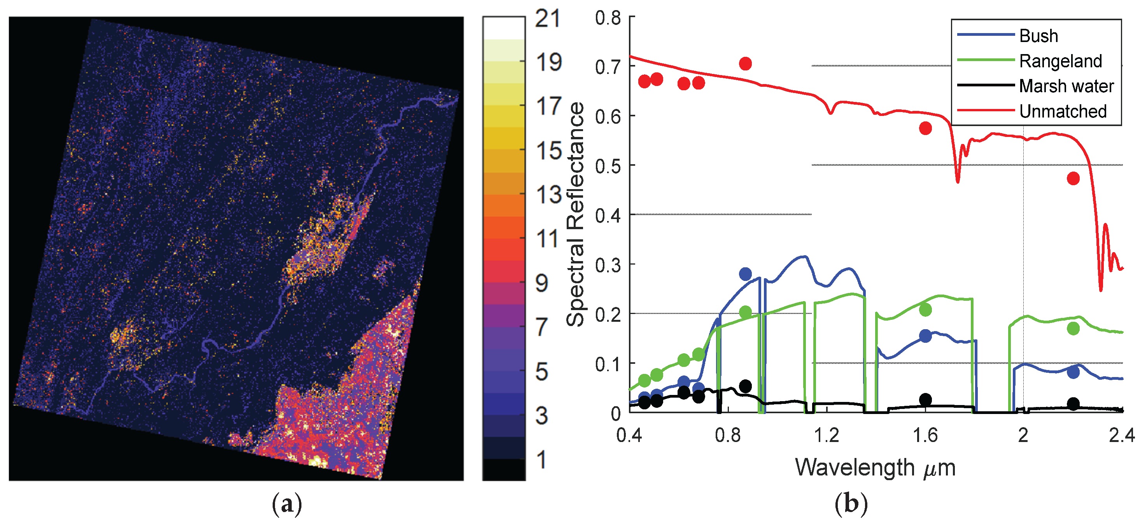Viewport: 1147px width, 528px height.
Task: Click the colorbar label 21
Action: tap(547, 19)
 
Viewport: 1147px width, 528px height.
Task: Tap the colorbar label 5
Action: tap(542, 372)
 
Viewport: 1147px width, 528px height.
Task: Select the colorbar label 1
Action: tap(542, 460)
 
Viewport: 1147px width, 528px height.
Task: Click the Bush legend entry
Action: tap(1038, 36)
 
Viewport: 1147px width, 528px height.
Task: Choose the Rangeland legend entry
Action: tap(1060, 61)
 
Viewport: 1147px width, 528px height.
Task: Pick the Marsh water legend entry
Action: tap(1066, 86)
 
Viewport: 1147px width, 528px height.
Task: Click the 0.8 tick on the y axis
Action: tap(608, 18)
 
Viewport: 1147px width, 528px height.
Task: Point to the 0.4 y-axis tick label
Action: tap(608, 216)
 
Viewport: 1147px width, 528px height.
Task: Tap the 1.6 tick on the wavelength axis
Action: tap(925, 435)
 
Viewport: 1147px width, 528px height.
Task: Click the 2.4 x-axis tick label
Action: tap(1121, 435)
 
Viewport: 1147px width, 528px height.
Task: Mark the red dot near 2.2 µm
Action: tap(1073, 179)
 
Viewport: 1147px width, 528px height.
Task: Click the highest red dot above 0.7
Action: tap(745, 64)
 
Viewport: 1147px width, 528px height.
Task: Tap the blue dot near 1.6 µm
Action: tap(925, 335)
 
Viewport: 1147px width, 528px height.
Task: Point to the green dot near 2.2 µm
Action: tap(1073, 328)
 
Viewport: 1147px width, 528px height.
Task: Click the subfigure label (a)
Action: tap(287, 504)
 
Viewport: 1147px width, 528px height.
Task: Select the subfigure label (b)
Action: tap(851, 504)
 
